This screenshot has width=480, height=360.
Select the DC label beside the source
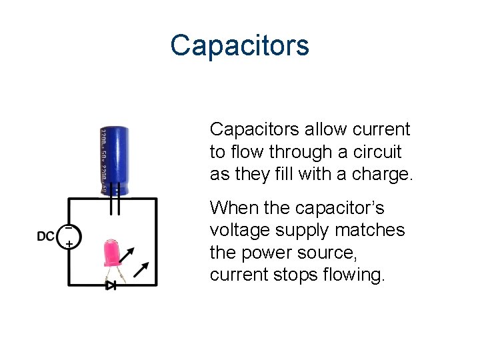pyautogui.click(x=46, y=236)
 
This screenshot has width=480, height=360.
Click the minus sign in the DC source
pyautogui.click(x=68, y=227)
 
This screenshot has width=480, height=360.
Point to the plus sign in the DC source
pyautogui.click(x=69, y=245)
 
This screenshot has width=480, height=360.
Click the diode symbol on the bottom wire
pyautogui.click(x=111, y=285)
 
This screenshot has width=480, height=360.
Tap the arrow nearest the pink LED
pyautogui.click(x=128, y=254)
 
